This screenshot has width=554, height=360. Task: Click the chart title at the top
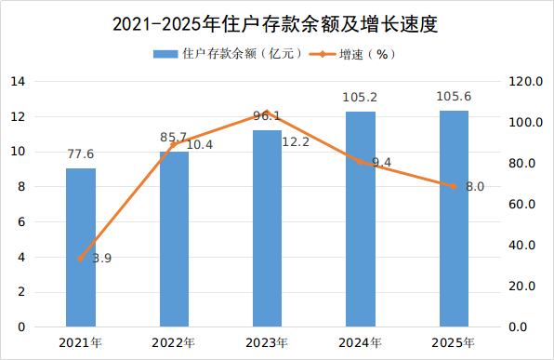click(x=275, y=24)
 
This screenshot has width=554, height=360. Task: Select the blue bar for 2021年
click(x=81, y=247)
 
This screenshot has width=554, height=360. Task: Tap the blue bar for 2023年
click(x=267, y=229)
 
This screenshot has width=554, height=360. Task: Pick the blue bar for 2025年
click(x=454, y=219)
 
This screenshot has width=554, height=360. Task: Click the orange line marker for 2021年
click(x=81, y=259)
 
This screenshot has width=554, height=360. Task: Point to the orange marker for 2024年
click(x=360, y=162)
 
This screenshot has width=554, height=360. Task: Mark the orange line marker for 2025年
click(x=454, y=186)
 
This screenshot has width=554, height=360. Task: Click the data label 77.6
click(x=81, y=154)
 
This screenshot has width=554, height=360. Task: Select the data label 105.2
click(x=360, y=98)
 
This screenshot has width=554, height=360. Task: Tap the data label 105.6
click(x=454, y=96)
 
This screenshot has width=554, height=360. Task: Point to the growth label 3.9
click(x=101, y=259)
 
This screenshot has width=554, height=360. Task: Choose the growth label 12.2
click(x=296, y=142)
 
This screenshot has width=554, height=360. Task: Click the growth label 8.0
click(x=475, y=186)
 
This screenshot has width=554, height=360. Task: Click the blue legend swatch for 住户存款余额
click(x=165, y=54)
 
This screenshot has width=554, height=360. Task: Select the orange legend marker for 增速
click(x=323, y=54)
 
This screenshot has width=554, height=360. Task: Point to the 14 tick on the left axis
click(x=18, y=82)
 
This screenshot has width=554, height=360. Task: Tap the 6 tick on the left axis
click(x=21, y=222)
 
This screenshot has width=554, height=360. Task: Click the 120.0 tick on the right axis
click(x=525, y=82)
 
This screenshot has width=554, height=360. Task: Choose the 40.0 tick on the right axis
click(x=522, y=245)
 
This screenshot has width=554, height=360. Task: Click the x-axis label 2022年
click(x=174, y=342)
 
